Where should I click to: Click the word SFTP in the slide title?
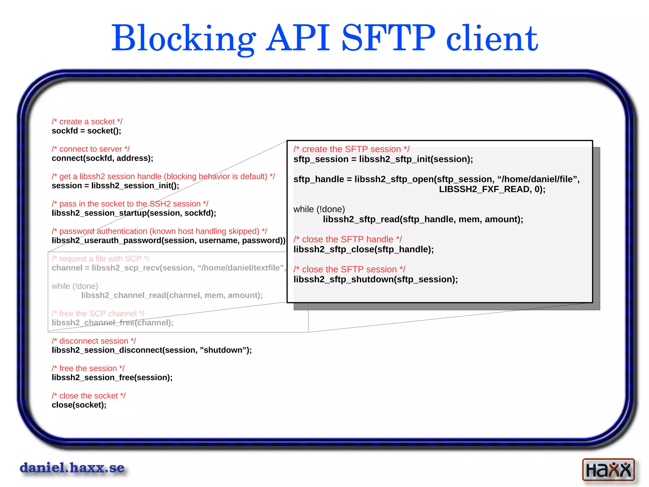click(389, 39)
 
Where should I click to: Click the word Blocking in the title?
click(184, 39)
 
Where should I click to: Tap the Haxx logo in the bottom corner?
click(608, 469)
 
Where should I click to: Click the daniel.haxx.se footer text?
click(72, 468)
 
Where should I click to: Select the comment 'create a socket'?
click(87, 122)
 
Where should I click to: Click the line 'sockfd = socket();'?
click(87, 131)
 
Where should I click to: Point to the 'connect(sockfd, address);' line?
click(102, 158)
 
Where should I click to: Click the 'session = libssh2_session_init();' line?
click(115, 186)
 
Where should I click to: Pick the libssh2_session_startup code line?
click(134, 213)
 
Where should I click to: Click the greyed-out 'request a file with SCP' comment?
click(100, 259)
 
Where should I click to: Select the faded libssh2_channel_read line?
click(172, 295)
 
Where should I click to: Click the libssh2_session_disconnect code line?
click(152, 350)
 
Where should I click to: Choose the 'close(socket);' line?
click(79, 405)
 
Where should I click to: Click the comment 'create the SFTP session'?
click(351, 149)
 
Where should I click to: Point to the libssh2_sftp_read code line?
click(423, 219)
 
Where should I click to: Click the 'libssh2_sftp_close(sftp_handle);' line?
click(363, 249)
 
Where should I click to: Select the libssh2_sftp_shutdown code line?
click(376, 279)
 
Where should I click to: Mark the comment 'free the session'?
click(88, 368)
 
